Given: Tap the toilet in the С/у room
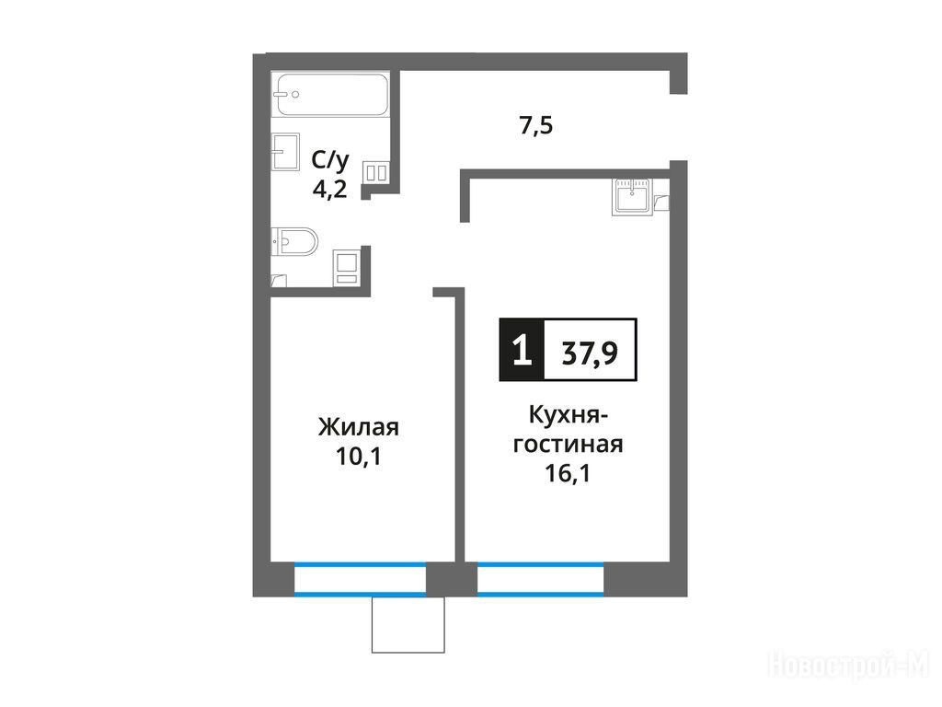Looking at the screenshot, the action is tap(294, 242).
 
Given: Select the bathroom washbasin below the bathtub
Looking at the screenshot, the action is tap(285, 152).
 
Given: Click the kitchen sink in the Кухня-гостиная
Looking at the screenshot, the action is tap(632, 197).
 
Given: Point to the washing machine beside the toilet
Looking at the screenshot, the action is tap(347, 266).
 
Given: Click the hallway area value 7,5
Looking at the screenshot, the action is tap(536, 125).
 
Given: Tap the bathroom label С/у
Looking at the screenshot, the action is tap(330, 160).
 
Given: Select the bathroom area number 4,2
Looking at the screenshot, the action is tap(330, 190).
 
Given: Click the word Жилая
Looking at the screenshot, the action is tap(359, 427).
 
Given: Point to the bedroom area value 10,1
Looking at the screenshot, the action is tap(359, 457).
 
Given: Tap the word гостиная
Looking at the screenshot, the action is tap(569, 445).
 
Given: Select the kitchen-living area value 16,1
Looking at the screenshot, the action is tap(568, 473).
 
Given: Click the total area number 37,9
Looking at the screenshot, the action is tap(590, 353).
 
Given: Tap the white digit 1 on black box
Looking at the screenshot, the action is tap(523, 350).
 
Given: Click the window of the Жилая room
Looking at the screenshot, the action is tap(360, 580).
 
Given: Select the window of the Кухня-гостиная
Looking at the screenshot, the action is tap(541, 580).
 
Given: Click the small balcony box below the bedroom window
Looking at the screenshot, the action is tap(408, 625).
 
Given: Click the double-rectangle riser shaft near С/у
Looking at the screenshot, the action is tap(376, 172).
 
